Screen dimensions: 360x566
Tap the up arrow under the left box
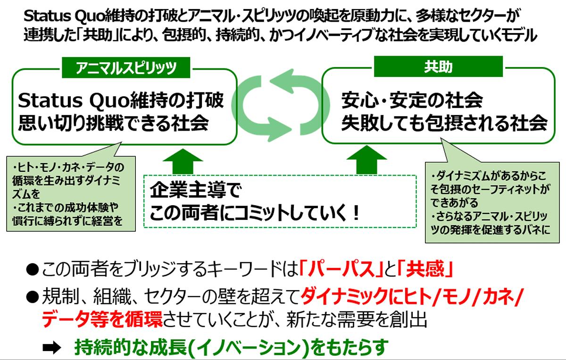[x=183, y=160]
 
